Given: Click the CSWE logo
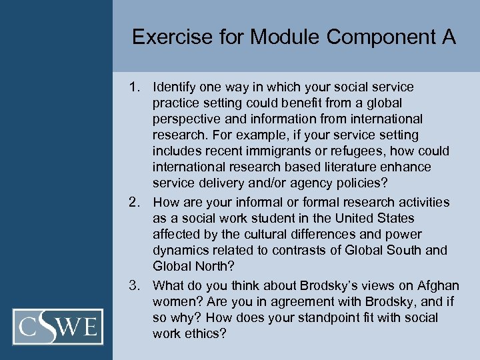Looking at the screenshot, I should [x=61, y=327].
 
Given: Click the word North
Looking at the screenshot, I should [x=211, y=266].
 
